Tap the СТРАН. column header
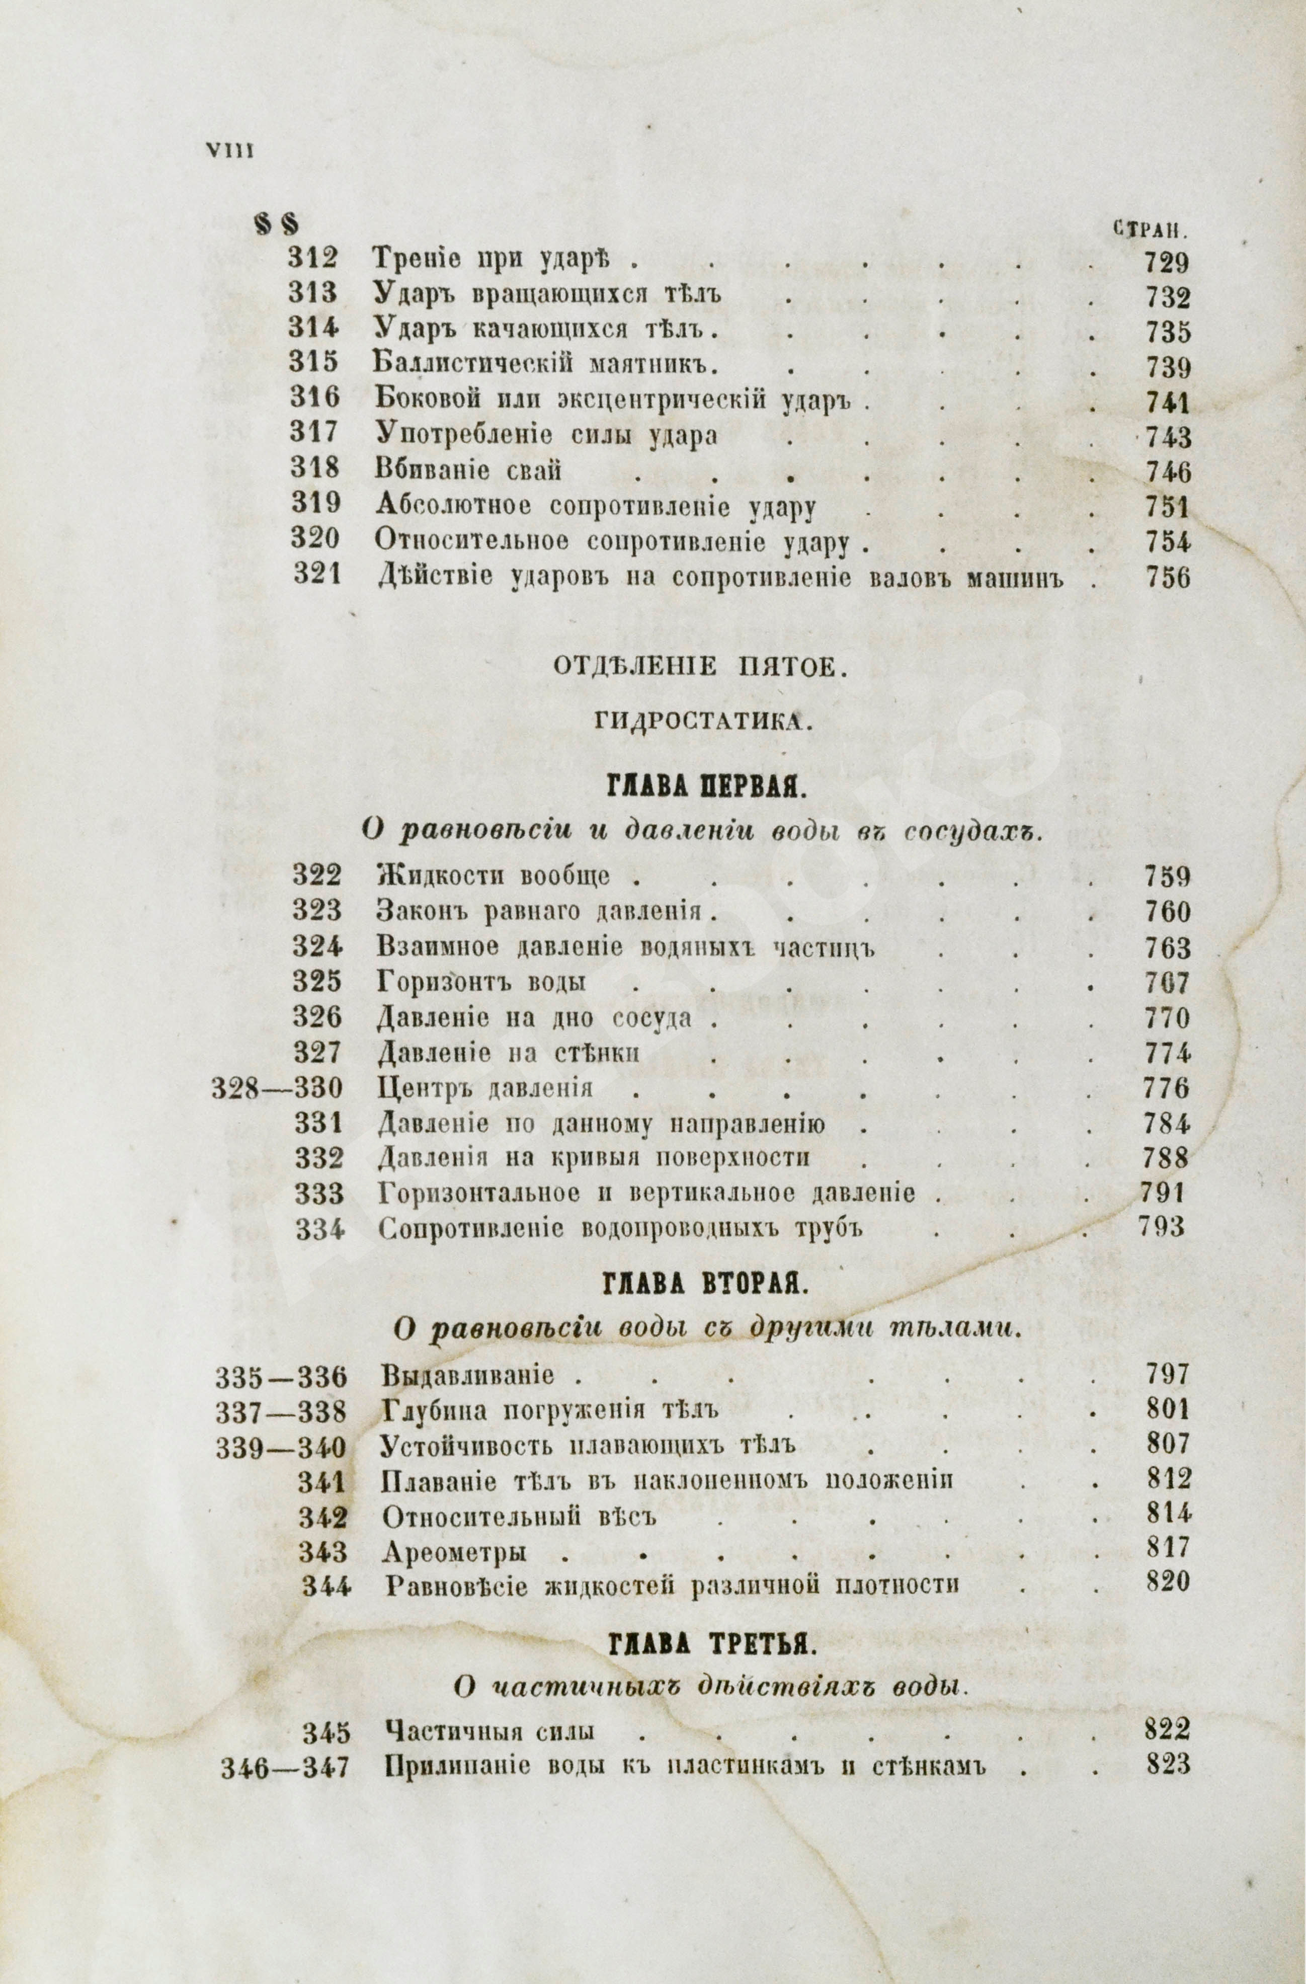[x=1150, y=228]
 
